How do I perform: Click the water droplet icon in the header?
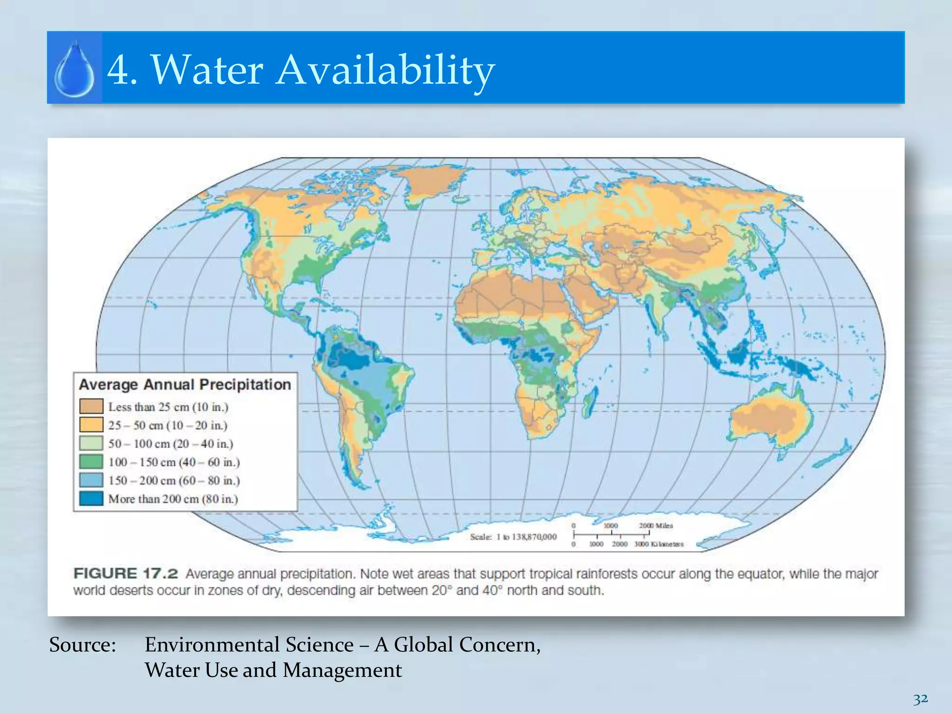coord(74,69)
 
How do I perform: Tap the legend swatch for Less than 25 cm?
coord(91,406)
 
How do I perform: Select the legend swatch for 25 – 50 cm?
coord(91,424)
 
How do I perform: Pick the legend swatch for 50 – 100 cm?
coord(91,443)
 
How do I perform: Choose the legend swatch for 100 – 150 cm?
coord(91,462)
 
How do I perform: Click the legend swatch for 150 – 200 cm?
coord(91,480)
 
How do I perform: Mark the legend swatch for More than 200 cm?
coord(91,498)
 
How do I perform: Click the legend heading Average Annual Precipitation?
coord(185,385)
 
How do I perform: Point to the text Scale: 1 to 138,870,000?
coord(513,537)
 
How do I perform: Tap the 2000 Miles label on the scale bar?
coord(656,526)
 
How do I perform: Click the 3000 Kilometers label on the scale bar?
coord(659,544)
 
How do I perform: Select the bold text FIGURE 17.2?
coord(126,574)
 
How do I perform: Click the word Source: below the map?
coord(83,645)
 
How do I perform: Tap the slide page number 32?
coord(920,699)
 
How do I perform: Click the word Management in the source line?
coord(342,670)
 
